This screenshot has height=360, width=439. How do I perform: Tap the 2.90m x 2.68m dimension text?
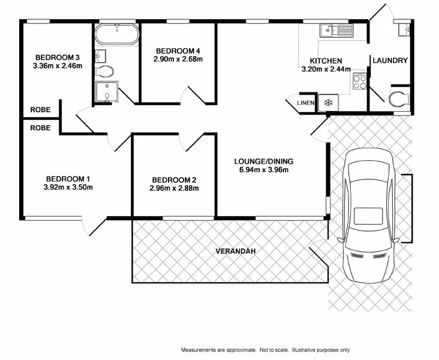pyautogui.click(x=179, y=59)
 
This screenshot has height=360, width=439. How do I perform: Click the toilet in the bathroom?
pyautogui.click(x=105, y=71)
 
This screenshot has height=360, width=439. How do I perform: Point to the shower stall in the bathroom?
pyautogui.click(x=106, y=92)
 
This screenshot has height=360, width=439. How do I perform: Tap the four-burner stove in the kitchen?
pyautogui.click(x=360, y=81)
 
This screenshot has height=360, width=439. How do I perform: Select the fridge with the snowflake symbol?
pyautogui.click(x=328, y=103)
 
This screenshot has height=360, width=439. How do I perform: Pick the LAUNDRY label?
pyautogui.click(x=390, y=61)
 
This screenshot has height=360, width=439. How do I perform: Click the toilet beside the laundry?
pyautogui.click(x=398, y=100)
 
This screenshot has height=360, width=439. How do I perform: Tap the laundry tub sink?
pyautogui.click(x=402, y=27)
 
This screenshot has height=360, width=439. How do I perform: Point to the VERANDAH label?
pyautogui.click(x=236, y=251)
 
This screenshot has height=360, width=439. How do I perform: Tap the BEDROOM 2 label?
pyautogui.click(x=174, y=179)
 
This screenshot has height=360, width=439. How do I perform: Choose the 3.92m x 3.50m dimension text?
pyautogui.click(x=68, y=187)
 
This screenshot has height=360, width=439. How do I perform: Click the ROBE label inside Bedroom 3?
pyautogui.click(x=40, y=110)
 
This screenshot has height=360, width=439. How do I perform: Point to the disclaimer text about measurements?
pyautogui.click(x=265, y=350)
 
